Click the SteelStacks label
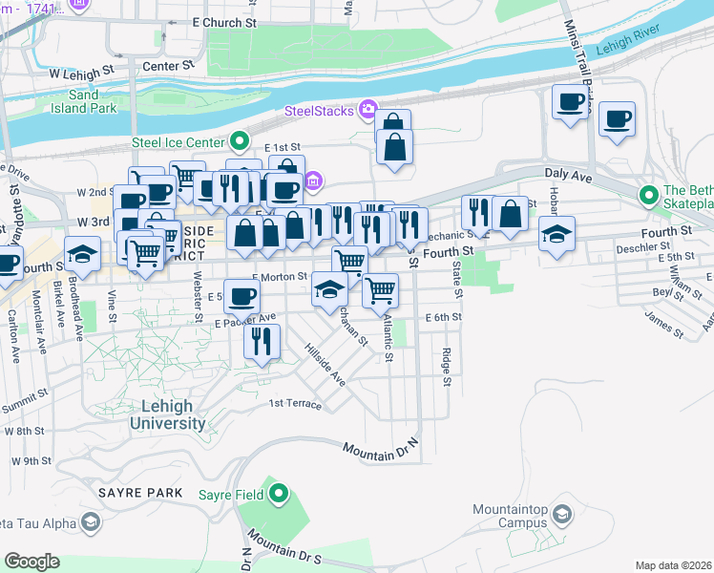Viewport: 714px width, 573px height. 319,112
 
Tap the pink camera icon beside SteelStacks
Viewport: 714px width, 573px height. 367,110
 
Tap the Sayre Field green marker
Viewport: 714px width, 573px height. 278,494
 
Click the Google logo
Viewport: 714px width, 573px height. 32,562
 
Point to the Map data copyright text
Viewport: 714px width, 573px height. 673,565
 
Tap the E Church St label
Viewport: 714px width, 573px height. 225,21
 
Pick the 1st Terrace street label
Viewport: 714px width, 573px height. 295,404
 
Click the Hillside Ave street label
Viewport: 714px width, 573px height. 325,364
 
